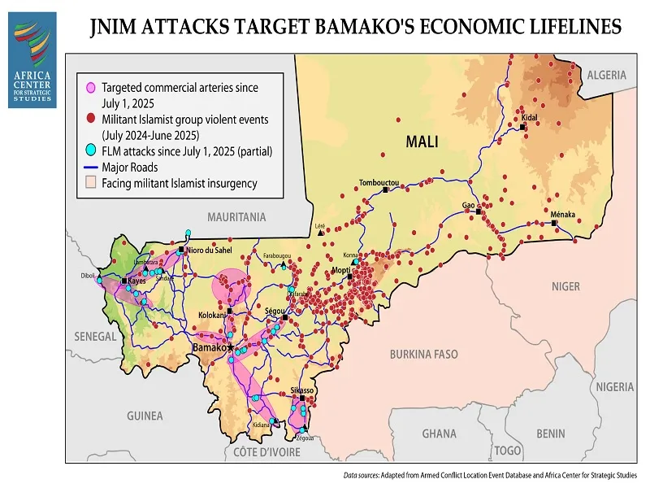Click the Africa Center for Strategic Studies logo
click(x=32, y=60)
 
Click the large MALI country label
click(x=422, y=142)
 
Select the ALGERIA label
click(x=607, y=75)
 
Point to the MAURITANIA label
click(x=236, y=217)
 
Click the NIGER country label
click(x=565, y=286)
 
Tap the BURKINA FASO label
click(x=423, y=355)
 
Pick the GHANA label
click(x=439, y=434)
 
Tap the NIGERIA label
click(x=614, y=386)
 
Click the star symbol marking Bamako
click(x=231, y=347)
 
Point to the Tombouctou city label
click(x=379, y=183)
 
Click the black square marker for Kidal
click(x=522, y=126)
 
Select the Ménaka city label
click(x=563, y=214)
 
